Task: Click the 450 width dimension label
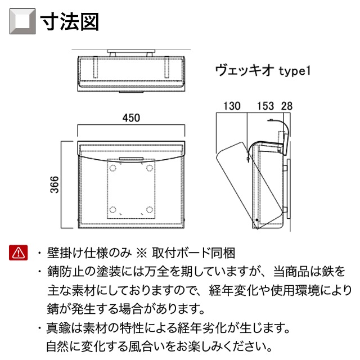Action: (131, 118)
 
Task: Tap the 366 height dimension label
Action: (55, 184)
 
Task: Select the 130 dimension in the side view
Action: (232, 106)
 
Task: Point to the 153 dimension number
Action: (265, 106)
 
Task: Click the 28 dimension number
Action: (287, 106)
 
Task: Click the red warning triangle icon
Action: (19, 253)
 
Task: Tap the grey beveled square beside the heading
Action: (22, 21)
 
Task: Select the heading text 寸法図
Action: (69, 21)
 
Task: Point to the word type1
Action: (295, 71)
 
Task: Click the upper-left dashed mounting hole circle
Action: (112, 168)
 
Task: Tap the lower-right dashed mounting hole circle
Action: (150, 210)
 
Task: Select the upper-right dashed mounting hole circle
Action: (150, 168)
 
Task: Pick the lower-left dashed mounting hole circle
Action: (112, 210)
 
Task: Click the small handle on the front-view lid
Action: (131, 159)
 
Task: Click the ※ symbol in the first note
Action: (141, 253)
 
